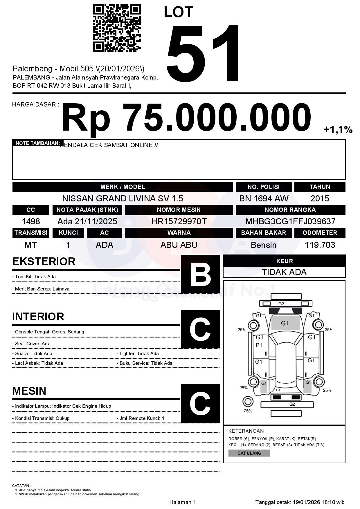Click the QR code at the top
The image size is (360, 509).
[x=117, y=28]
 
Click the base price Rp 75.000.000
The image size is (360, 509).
[x=186, y=118]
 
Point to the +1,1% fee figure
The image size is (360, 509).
[x=338, y=129]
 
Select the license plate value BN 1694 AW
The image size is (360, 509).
[x=264, y=198]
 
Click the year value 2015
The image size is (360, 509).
[x=320, y=198]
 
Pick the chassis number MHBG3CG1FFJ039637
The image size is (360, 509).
[x=290, y=221]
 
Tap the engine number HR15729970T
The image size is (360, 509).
[x=179, y=221]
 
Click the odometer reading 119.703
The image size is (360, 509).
[x=320, y=245]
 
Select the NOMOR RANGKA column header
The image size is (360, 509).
[x=290, y=210]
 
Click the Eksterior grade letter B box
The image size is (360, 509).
[x=200, y=274]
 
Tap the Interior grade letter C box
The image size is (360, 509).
[x=200, y=329]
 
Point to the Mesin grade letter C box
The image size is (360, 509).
[x=200, y=403]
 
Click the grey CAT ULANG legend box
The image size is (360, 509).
[x=249, y=453]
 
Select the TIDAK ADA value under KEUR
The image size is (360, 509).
[x=284, y=272]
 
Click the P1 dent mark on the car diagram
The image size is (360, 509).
[x=259, y=345]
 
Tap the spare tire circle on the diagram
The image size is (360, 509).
[x=248, y=402]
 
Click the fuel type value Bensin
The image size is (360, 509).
[x=264, y=245]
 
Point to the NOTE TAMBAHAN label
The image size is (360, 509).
[x=37, y=143]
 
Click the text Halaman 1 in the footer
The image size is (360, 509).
[x=183, y=502]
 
